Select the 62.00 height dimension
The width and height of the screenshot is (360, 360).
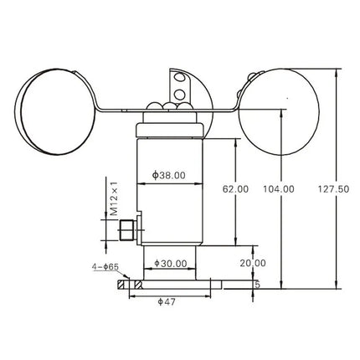pyautogui.click(x=237, y=188)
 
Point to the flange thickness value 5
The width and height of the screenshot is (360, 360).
pyautogui.click(x=257, y=285)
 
